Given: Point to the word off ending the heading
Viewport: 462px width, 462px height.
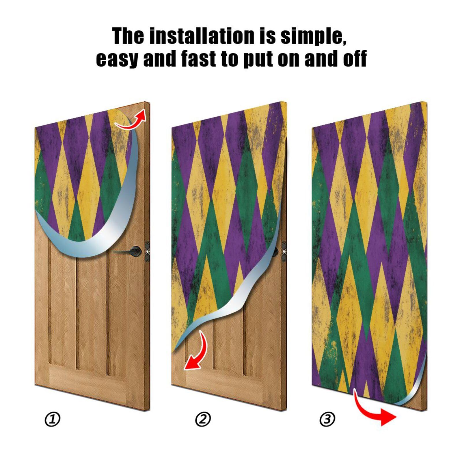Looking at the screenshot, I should pos(355,59).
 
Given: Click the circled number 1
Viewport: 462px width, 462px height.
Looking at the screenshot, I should pos(53,419).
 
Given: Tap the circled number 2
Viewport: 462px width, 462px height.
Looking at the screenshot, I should pos(203,419).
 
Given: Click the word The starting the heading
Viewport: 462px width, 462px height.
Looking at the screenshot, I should pos(128,36).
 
